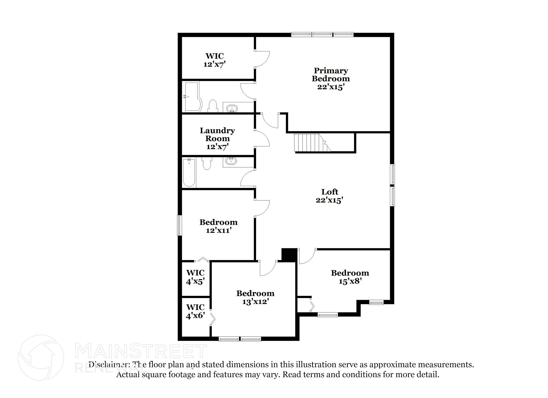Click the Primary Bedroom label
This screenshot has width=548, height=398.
pyautogui.click(x=330, y=79)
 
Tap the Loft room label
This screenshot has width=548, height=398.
pyautogui.click(x=329, y=196)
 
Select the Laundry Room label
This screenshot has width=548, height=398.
pyautogui.click(x=217, y=138)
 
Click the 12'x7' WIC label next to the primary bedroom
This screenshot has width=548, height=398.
pyautogui.click(x=215, y=60)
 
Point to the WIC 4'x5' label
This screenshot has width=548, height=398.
pyautogui.click(x=195, y=277)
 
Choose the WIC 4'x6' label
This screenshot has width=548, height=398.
pyautogui.click(x=195, y=311)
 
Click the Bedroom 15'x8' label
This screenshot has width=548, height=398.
pyautogui.click(x=350, y=277)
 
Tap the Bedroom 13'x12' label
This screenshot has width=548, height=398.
pyautogui.click(x=255, y=297)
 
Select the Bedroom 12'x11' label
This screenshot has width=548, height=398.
pyautogui.click(x=218, y=226)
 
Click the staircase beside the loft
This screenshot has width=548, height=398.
pyautogui.click(x=310, y=142)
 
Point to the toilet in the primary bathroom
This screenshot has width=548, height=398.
pyautogui.click(x=213, y=106)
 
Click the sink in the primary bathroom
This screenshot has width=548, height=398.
pyautogui.click(x=232, y=109)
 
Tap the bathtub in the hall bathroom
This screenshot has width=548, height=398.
pyautogui.click(x=189, y=172)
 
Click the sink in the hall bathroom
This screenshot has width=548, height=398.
pyautogui.click(x=231, y=161)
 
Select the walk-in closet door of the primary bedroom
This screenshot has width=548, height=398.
pyautogui.click(x=262, y=59)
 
